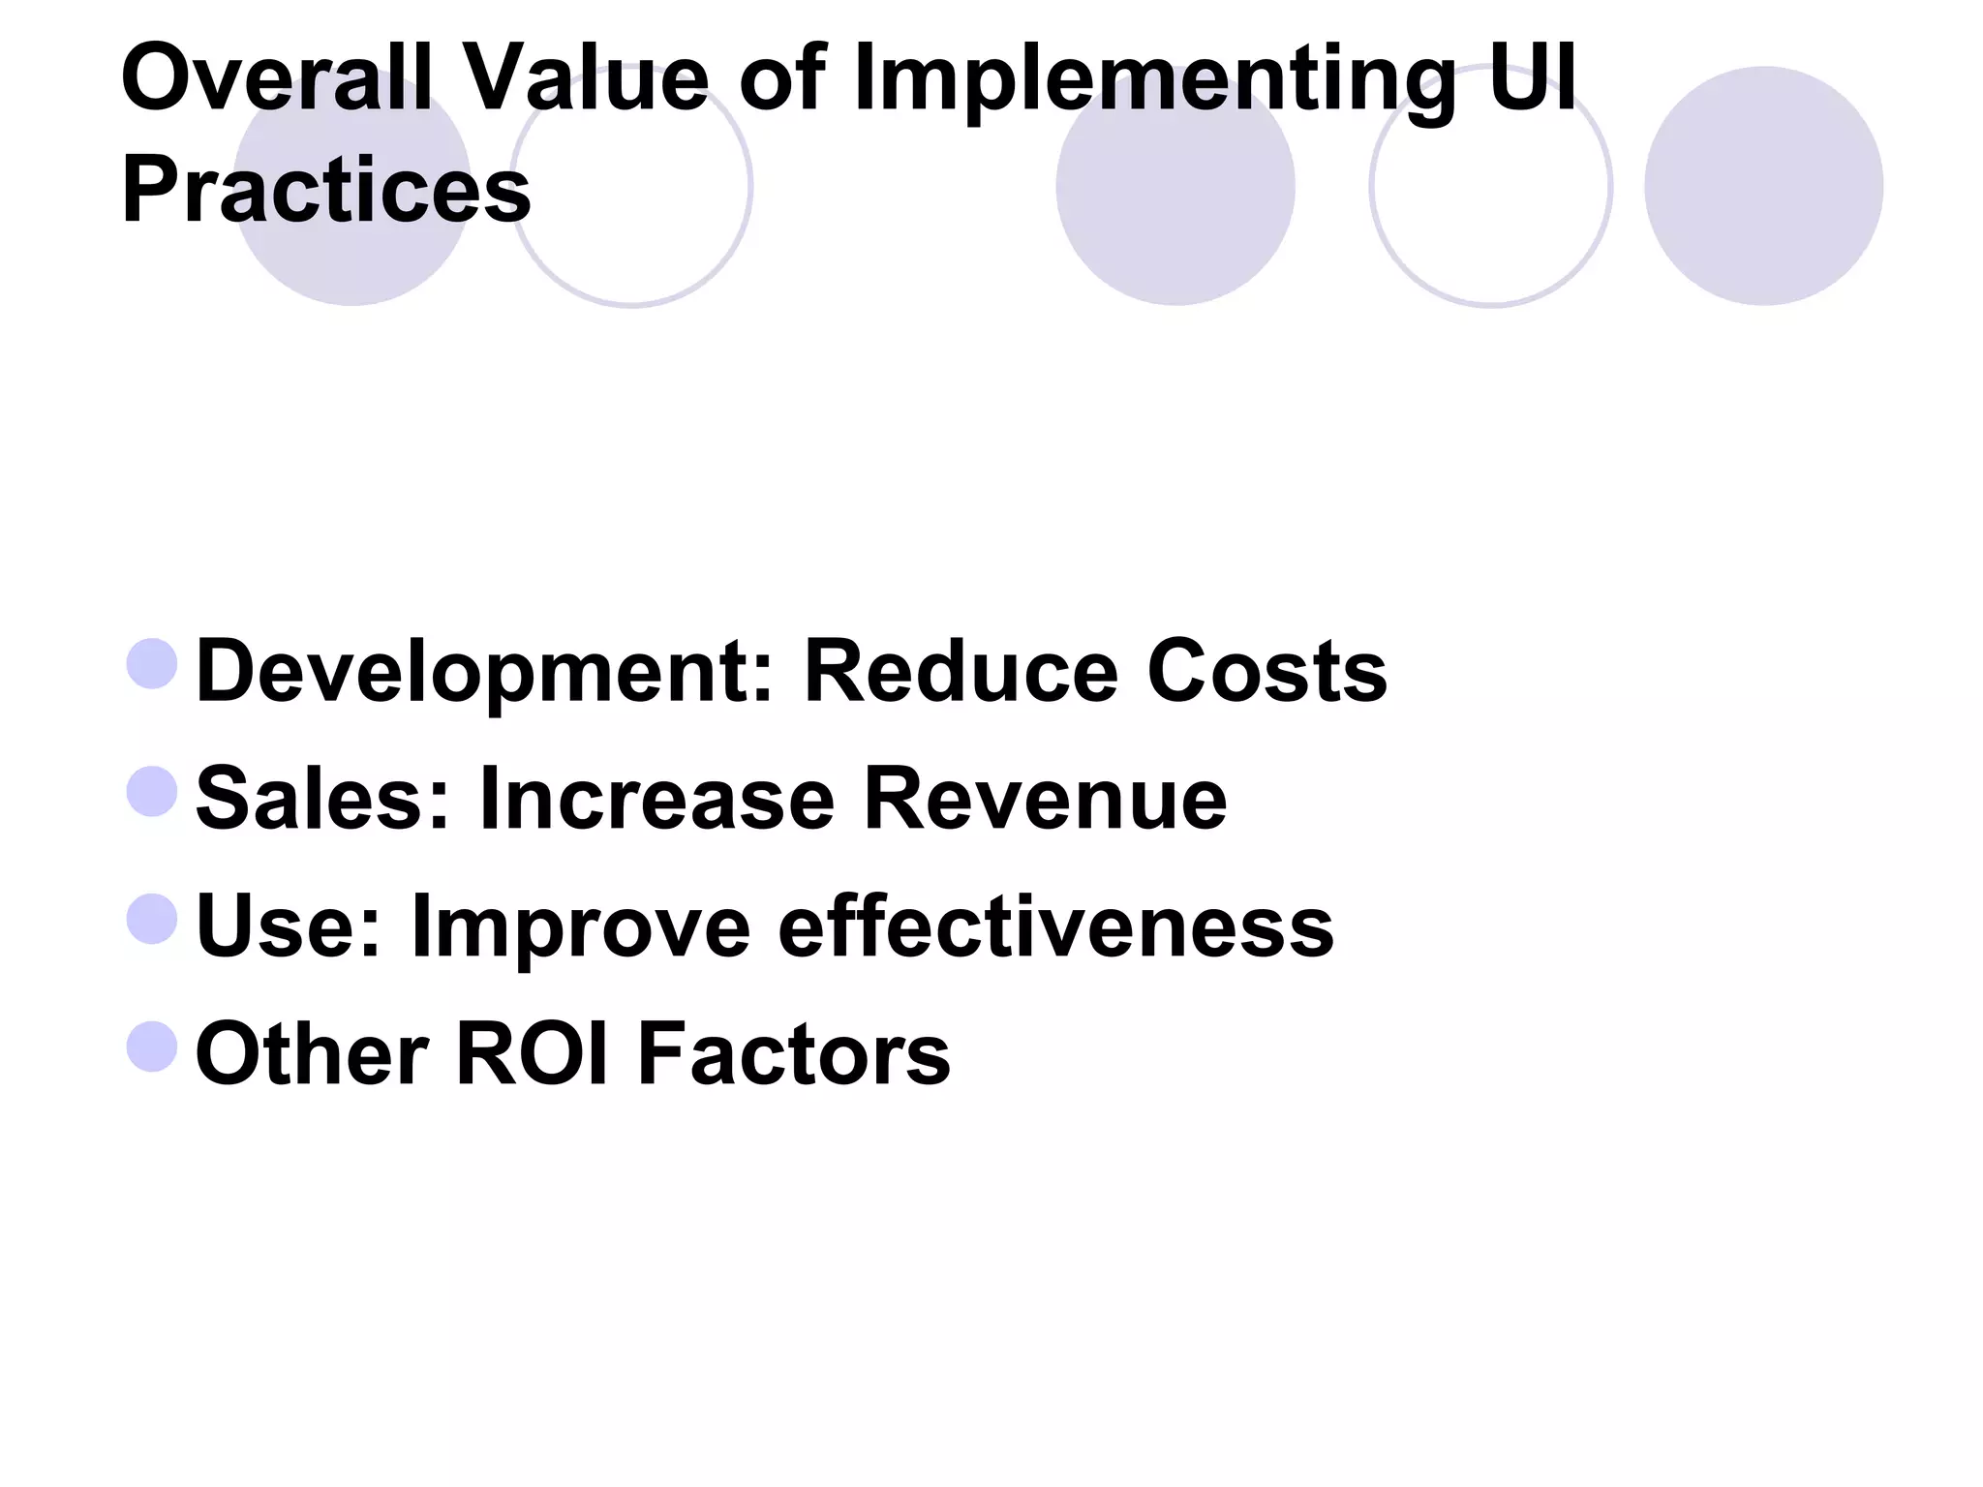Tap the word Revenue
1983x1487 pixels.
(x=1045, y=799)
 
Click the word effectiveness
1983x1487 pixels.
(x=1055, y=926)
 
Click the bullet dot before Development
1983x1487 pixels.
(x=153, y=664)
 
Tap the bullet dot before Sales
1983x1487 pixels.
(x=153, y=791)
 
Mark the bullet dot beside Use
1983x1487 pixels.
(x=153, y=919)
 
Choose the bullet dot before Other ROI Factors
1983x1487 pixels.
(x=153, y=1047)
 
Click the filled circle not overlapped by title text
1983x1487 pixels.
(x=1763, y=186)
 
